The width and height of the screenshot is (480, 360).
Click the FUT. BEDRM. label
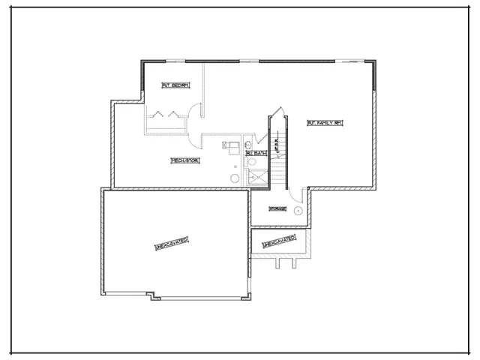[175, 85]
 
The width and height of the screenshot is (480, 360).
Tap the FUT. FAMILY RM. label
[324, 122]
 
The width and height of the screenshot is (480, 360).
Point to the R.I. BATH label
[256, 153]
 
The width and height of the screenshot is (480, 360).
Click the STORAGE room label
[277, 208]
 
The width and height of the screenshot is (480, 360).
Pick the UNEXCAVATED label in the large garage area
[172, 244]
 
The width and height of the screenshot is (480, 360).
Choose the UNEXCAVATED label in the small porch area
[278, 242]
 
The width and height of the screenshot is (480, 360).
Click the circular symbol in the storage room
[298, 211]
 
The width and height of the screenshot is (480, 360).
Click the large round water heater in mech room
[235, 178]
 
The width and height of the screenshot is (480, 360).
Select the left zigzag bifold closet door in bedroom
[159, 114]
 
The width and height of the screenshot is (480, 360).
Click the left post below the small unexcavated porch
[279, 263]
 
